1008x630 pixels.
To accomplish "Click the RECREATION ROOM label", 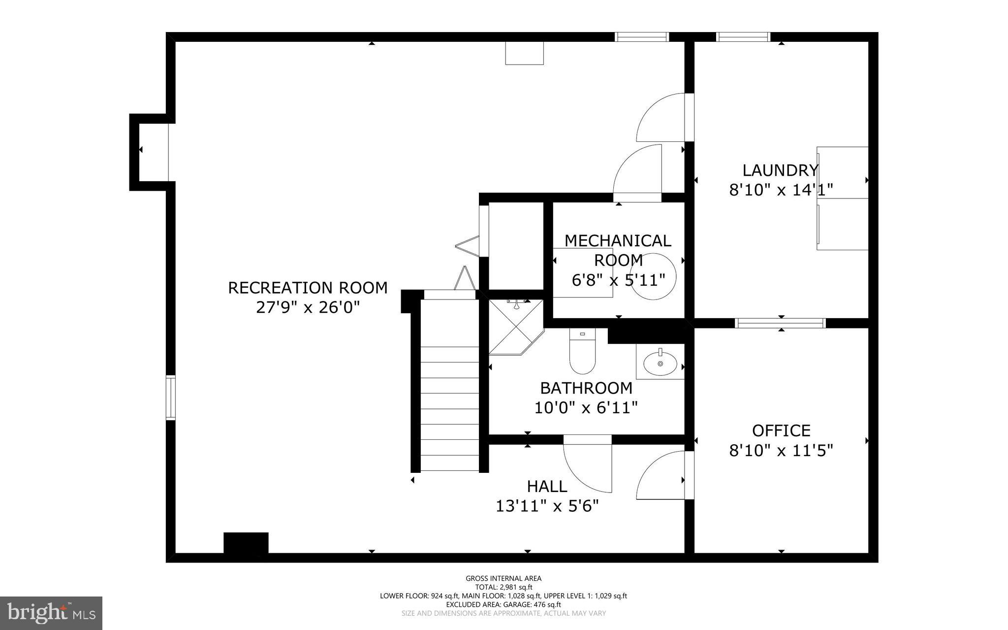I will pos(308,288).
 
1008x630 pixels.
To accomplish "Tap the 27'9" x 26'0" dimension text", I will pos(308,308).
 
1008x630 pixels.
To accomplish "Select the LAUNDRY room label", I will pos(780,170).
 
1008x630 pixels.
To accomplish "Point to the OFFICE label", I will pos(781,431).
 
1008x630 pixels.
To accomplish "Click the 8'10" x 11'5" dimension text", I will pos(781,450).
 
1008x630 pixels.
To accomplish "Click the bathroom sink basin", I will pos(660,364).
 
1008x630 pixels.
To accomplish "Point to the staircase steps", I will pos(449,409).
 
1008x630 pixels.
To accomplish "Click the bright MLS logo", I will pos(51,613).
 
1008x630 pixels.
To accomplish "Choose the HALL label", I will pos(547,487).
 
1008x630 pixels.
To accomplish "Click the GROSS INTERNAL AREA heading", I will pos(504,578).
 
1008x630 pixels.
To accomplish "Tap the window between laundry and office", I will pos(780,323).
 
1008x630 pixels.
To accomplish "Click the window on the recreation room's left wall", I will pos(170,398).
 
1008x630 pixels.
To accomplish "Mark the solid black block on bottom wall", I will pos(246,543).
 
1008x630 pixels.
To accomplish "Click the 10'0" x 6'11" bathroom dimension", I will pos(586,408).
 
